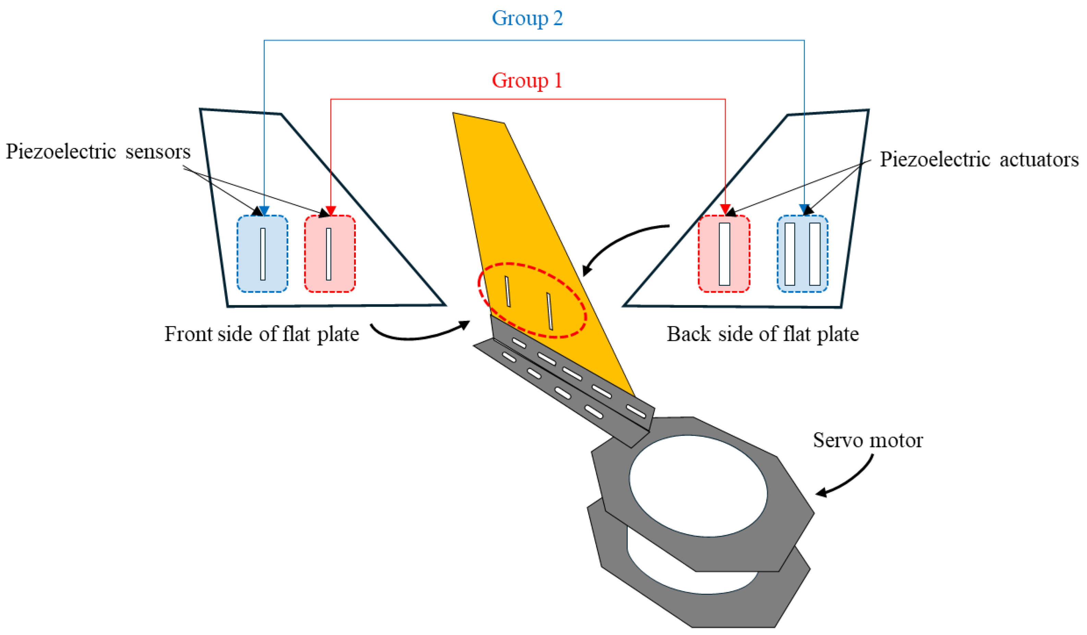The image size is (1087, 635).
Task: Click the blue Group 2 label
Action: coord(527,18)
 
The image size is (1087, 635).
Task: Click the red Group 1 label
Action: coord(527,80)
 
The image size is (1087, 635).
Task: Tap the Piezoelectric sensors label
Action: coord(98,152)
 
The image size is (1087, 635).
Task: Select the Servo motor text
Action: coord(868,440)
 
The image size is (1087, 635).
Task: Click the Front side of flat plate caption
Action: coord(262,334)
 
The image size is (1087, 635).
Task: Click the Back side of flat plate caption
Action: coord(763,334)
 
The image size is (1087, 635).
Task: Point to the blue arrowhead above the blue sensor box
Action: coord(264,211)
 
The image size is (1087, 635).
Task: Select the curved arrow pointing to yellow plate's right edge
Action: coord(617,242)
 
